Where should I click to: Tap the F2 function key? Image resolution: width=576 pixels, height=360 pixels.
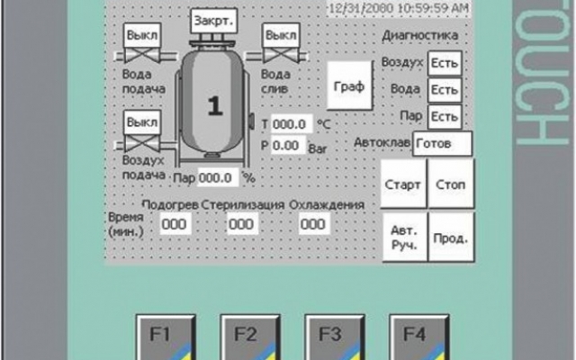point(246,337)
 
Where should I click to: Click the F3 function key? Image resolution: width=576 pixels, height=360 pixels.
point(330,337)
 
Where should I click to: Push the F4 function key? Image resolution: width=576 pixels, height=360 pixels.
point(414,337)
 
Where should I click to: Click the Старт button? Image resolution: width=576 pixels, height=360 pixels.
point(402,185)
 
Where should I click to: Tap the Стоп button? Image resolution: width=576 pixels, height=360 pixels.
point(450,185)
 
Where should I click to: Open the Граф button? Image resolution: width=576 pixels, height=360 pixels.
point(347,87)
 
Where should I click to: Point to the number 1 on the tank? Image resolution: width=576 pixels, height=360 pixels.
point(214,105)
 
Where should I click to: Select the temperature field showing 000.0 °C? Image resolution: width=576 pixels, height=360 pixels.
point(292,124)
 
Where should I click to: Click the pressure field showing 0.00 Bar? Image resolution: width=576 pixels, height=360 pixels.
point(286,145)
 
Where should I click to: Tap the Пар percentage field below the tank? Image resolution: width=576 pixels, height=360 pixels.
point(218,177)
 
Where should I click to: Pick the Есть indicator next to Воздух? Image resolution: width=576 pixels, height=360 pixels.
point(445,63)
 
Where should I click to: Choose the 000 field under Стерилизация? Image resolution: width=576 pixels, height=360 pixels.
point(240,224)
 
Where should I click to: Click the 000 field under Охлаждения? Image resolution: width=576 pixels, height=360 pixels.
point(312,224)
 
